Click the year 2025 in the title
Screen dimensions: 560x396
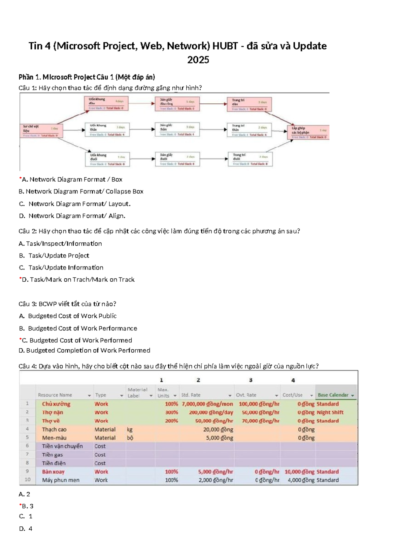(x=198, y=60)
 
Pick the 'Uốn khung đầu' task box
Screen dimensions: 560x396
(x=106, y=103)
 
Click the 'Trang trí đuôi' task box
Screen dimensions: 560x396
(x=250, y=159)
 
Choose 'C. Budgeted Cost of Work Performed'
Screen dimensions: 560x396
(x=77, y=340)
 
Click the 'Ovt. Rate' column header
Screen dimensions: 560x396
(x=246, y=395)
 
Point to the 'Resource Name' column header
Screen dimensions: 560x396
(x=55, y=395)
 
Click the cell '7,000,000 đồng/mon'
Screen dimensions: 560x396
(x=207, y=404)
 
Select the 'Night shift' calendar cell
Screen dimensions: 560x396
(x=330, y=412)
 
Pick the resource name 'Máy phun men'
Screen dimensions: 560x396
(x=61, y=480)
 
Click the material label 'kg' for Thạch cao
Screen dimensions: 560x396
(x=130, y=430)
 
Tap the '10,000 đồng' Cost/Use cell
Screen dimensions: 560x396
(x=300, y=472)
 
